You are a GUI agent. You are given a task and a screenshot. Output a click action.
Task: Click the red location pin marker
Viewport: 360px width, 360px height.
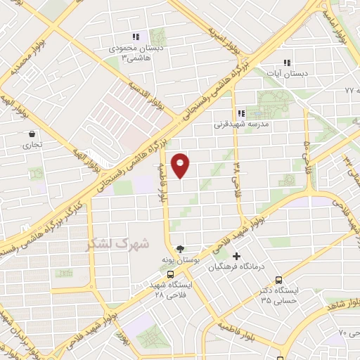[181, 165]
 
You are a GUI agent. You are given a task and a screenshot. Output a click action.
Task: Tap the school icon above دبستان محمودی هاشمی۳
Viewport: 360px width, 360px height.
[136, 37]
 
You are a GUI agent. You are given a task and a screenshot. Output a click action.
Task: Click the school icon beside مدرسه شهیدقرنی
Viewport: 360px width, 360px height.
[241, 113]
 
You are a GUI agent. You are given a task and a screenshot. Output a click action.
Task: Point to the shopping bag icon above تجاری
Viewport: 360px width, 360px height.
[32, 134]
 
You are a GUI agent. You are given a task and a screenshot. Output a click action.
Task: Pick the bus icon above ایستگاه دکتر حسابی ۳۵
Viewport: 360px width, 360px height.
[280, 279]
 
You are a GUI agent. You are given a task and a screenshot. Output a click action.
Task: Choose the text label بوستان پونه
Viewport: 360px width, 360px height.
[178, 260]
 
